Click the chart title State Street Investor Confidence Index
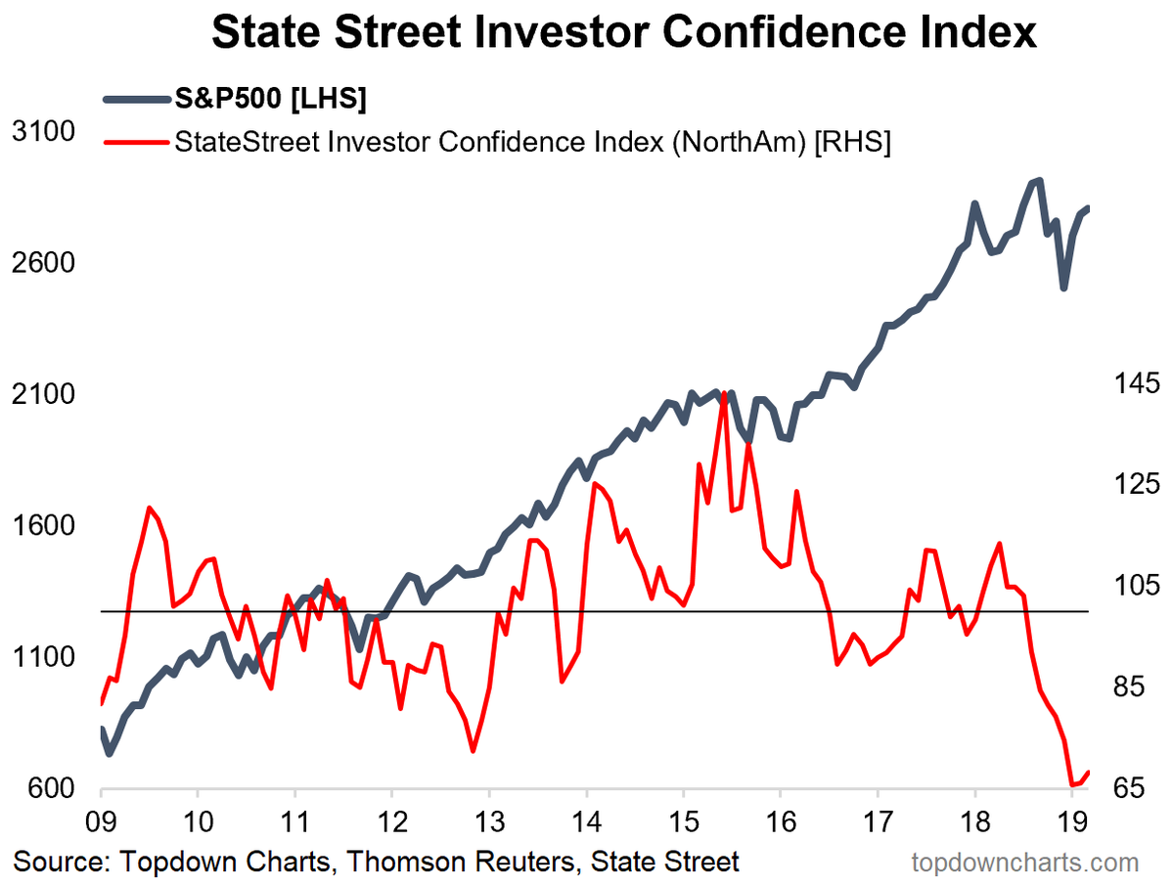click(x=623, y=32)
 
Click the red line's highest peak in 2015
click(x=723, y=393)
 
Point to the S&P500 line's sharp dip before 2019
click(x=1063, y=288)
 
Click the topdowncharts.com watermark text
click(x=1024, y=863)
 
